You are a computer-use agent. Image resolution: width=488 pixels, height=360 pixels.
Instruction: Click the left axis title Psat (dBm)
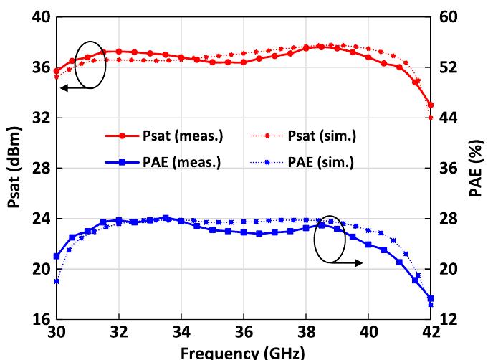click(x=14, y=167)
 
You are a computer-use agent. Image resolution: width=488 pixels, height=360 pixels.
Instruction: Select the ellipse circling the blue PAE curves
click(x=330, y=239)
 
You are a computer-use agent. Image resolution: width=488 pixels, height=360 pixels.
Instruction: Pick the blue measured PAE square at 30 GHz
click(x=57, y=256)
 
